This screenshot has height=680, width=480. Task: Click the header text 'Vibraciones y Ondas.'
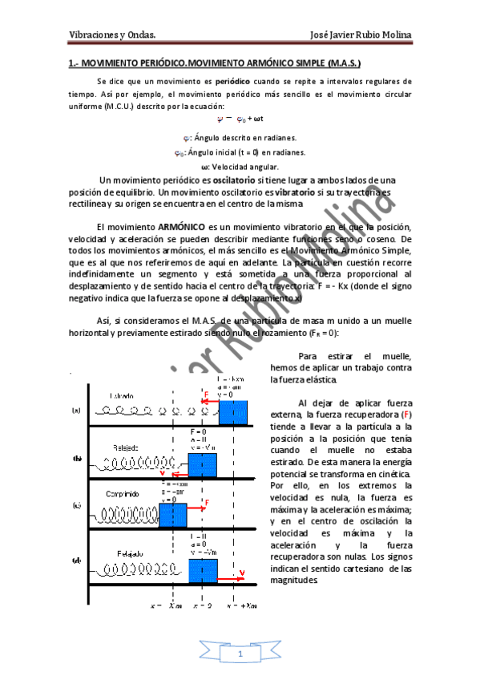111,34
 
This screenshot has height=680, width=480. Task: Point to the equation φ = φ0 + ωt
240,119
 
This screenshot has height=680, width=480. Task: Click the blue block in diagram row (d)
203,571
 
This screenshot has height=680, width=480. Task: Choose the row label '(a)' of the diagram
76,411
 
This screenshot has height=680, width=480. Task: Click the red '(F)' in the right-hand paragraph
407,415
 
